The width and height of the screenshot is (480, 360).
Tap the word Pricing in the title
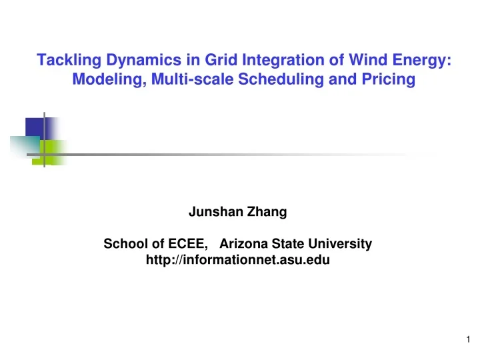coord(386,81)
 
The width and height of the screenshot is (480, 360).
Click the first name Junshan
coord(215,213)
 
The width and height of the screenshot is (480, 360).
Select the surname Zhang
coord(266,213)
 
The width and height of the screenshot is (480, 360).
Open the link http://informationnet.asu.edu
coord(237,261)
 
